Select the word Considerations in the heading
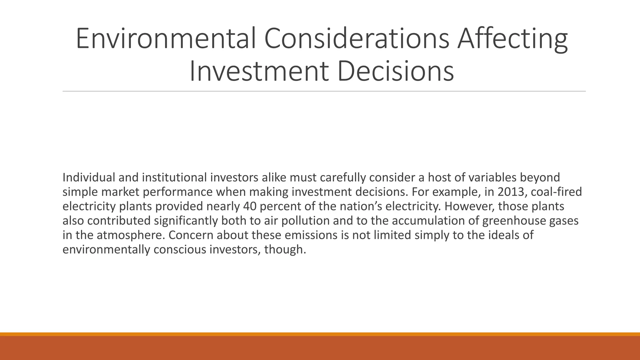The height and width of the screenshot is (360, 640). (356, 38)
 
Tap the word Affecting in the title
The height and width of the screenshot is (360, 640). (512, 38)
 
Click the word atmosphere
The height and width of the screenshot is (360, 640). (130, 235)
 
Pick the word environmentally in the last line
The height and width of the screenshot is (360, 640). (106, 249)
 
